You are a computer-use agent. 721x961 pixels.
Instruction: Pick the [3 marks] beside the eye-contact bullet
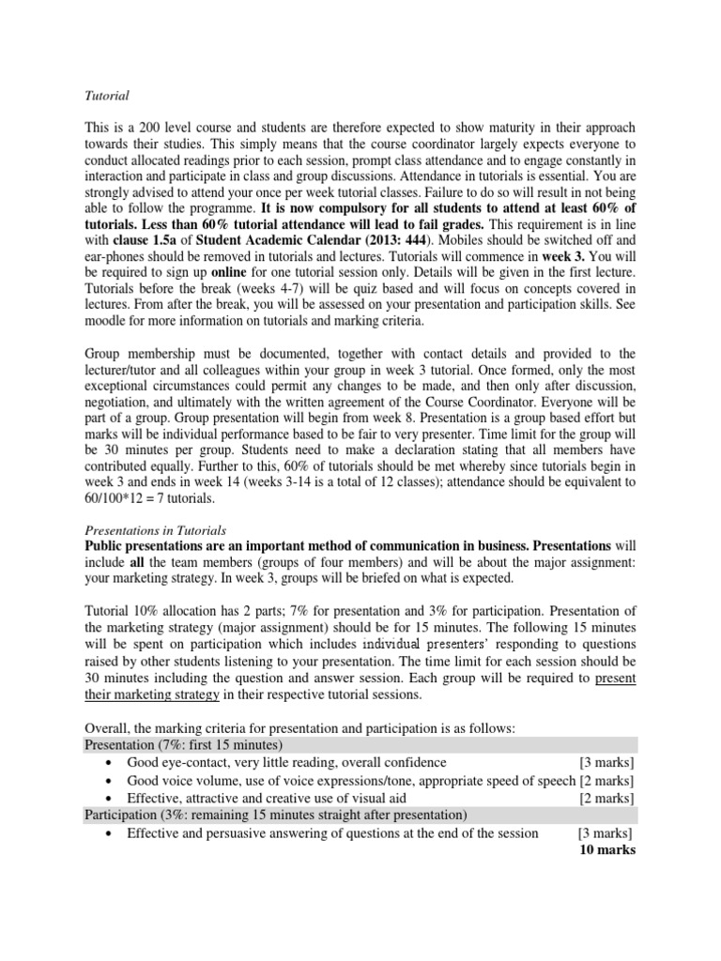[x=607, y=762]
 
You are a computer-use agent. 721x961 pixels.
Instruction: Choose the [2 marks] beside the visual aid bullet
[x=607, y=798]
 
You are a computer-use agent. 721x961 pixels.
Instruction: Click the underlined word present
[x=615, y=678]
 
